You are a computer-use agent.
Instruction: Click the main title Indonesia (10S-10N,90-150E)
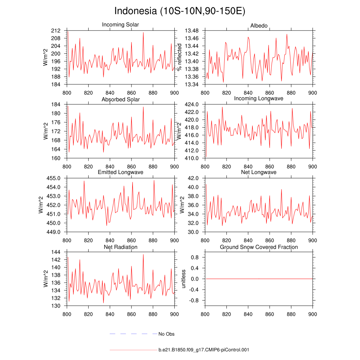tap(180, 11)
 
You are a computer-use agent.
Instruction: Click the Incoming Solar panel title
tap(120, 25)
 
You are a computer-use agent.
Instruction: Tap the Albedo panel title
tap(259, 26)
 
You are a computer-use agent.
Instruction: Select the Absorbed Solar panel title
tap(120, 99)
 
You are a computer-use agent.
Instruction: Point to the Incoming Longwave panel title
tap(259, 98)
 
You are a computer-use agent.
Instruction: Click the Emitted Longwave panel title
tap(120, 172)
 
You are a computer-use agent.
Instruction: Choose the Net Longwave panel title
tap(259, 172)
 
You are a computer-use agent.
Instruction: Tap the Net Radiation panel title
tap(120, 247)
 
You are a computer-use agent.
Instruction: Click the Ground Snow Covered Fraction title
tap(259, 247)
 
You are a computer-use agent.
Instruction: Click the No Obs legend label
tap(166, 334)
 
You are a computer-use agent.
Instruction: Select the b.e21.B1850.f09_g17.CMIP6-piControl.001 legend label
tap(204, 350)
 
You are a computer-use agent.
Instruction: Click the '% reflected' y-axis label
tap(180, 57)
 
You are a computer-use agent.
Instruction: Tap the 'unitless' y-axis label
tap(182, 279)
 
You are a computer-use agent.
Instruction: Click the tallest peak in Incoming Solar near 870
tap(143, 33)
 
